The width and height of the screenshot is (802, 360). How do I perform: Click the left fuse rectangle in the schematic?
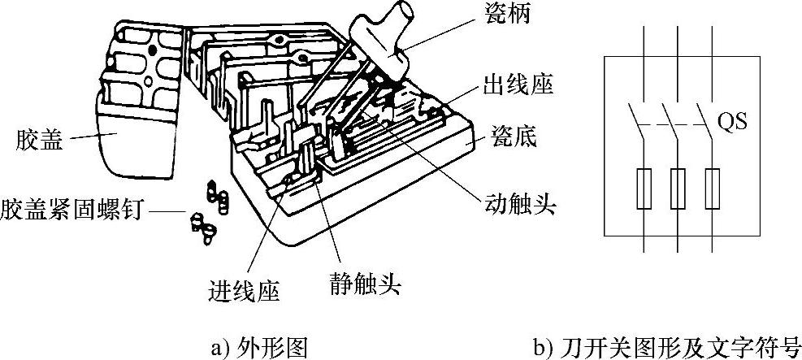coord(643,189)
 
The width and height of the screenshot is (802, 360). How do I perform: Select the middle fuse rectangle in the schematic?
coord(677,189)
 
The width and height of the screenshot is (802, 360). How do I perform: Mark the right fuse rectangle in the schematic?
coord(712,189)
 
